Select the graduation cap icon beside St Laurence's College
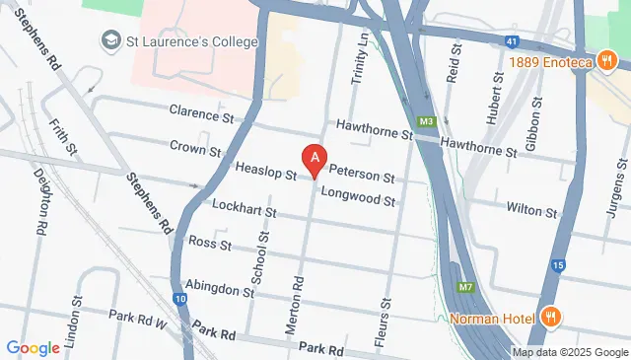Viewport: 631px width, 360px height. click(x=109, y=41)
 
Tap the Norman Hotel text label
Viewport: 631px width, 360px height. click(x=492, y=318)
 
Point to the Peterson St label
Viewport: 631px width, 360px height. click(x=362, y=179)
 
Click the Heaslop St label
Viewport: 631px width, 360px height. click(x=265, y=171)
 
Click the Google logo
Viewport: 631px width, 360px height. click(x=34, y=347)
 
